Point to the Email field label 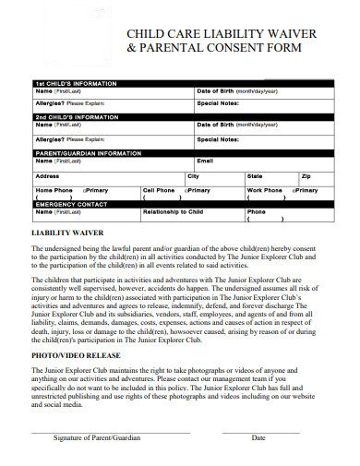pos(205,161)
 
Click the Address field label pos(47,175)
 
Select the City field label pos(193,175)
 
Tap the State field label pos(255,175)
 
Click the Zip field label pos(306,175)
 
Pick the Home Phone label pos(54,190)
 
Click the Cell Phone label pos(159,190)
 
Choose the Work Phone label pos(264,190)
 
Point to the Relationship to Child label pos(173,212)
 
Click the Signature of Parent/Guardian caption pos(96,438)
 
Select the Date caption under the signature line pos(258,438)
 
